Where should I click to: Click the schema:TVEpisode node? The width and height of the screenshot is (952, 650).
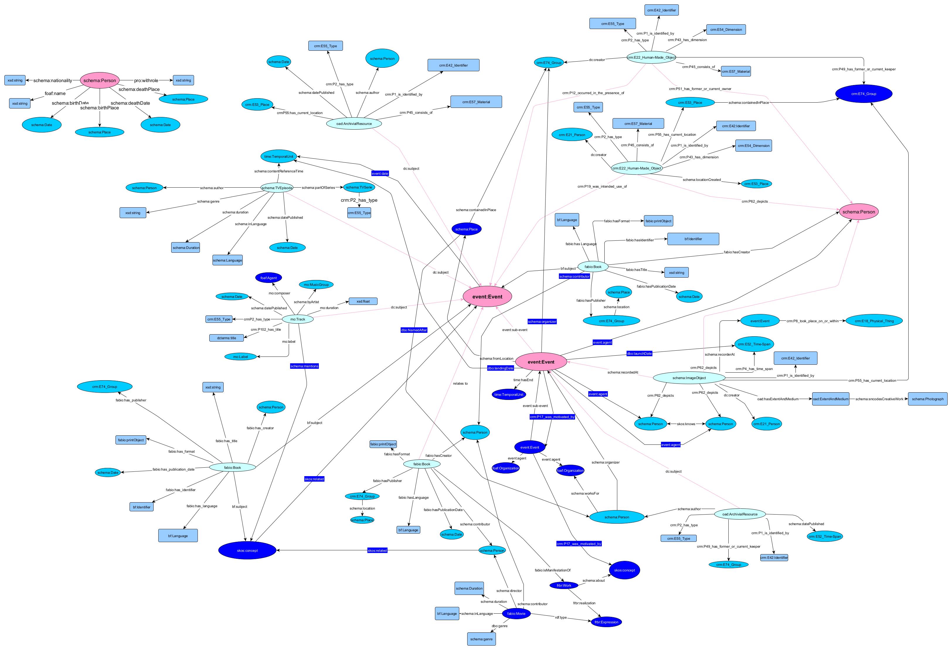pyautogui.click(x=277, y=188)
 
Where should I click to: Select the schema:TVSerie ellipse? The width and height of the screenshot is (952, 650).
pyautogui.click(x=359, y=187)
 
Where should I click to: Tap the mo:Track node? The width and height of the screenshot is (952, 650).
pyautogui.click(x=298, y=319)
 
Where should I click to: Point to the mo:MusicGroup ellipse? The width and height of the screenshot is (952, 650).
pyautogui.click(x=316, y=284)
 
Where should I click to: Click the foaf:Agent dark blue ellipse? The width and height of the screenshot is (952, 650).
pyautogui.click(x=269, y=278)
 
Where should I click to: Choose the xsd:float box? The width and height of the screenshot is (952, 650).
pyautogui.click(x=363, y=301)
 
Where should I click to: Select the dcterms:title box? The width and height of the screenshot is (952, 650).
pyautogui.click(x=227, y=338)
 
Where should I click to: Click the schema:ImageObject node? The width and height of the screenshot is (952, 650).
pyautogui.click(x=689, y=378)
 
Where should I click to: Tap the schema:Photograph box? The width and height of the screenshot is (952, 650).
pyautogui.click(x=927, y=399)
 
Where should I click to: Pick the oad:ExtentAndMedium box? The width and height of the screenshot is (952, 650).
pyautogui.click(x=831, y=399)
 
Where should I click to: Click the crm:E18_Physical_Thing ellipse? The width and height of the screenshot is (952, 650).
pyautogui.click(x=874, y=321)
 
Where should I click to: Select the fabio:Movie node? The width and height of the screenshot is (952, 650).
pyautogui.click(x=516, y=614)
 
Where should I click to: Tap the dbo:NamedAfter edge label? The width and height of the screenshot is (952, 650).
pyautogui.click(x=414, y=330)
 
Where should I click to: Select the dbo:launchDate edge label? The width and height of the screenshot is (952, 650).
pyautogui.click(x=639, y=354)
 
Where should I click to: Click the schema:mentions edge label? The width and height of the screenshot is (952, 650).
pyautogui.click(x=304, y=366)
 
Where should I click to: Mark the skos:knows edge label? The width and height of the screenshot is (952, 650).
pyautogui.click(x=686, y=424)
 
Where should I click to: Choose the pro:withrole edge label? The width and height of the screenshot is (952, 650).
pyautogui.click(x=146, y=81)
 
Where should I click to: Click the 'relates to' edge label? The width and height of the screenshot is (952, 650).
pyautogui.click(x=460, y=383)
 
